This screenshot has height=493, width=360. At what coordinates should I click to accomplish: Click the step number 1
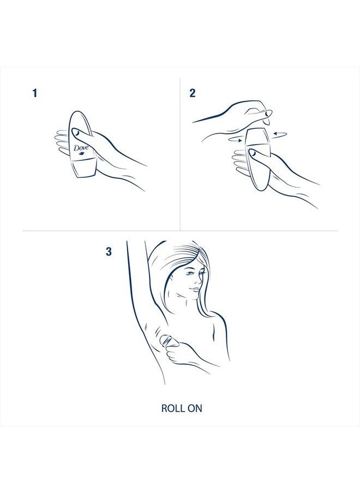coord(35,93)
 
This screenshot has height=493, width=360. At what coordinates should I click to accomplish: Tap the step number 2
coord(192,93)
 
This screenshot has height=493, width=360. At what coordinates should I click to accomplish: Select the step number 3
coord(109,251)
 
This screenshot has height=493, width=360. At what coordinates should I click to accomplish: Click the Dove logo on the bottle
coord(80,149)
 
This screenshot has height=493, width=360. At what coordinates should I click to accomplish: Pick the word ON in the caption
coord(195,408)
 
